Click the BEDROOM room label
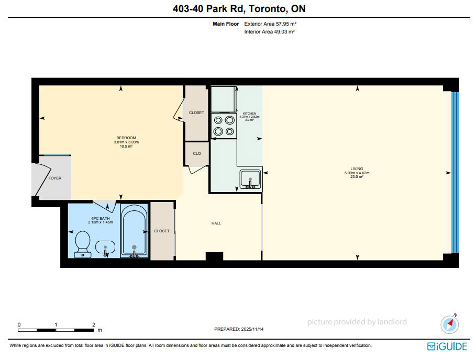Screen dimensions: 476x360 [126, 138]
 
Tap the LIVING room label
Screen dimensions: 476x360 [357, 168]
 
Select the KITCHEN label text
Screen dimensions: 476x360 [249, 114]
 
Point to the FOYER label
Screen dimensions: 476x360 [55, 178]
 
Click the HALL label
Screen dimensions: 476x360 [216, 223]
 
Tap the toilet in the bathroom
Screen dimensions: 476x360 [82, 244]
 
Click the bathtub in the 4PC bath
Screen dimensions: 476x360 [134, 231]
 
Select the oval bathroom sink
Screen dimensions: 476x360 [105, 248]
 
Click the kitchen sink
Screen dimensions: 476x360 [250, 179]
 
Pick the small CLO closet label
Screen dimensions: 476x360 [197, 153]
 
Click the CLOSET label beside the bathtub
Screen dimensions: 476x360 [161, 231]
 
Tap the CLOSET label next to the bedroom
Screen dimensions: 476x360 [196, 113]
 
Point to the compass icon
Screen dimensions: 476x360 [450, 324]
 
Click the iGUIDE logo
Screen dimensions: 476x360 [447, 346]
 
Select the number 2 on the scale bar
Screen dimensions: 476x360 [94, 324]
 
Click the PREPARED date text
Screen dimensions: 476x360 [239, 329]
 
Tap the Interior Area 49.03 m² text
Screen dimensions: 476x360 [270, 31]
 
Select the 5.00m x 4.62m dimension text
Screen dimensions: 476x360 [357, 173]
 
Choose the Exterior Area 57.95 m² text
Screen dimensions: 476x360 [270, 24]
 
